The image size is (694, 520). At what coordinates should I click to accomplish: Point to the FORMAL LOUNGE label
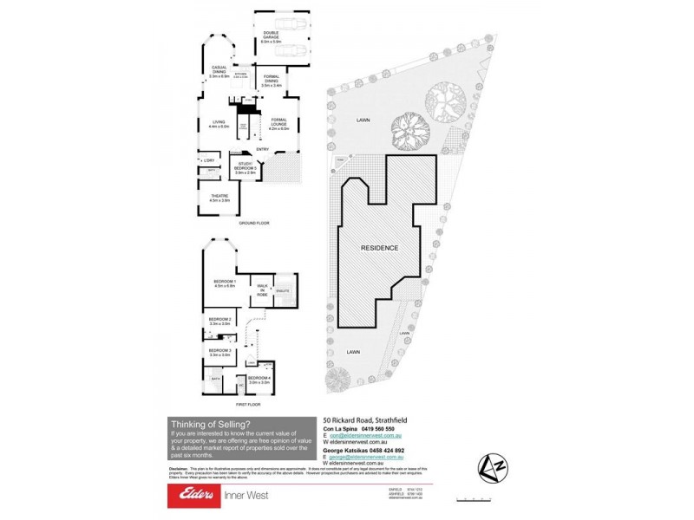(x=278, y=123)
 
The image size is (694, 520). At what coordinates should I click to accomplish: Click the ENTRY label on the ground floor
(x=262, y=149)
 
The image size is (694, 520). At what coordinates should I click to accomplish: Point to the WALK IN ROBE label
(x=262, y=289)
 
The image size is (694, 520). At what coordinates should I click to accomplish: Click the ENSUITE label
(x=283, y=292)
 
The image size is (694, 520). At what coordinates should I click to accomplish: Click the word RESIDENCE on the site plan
(x=379, y=248)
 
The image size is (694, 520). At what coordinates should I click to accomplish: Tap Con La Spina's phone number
(x=377, y=428)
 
